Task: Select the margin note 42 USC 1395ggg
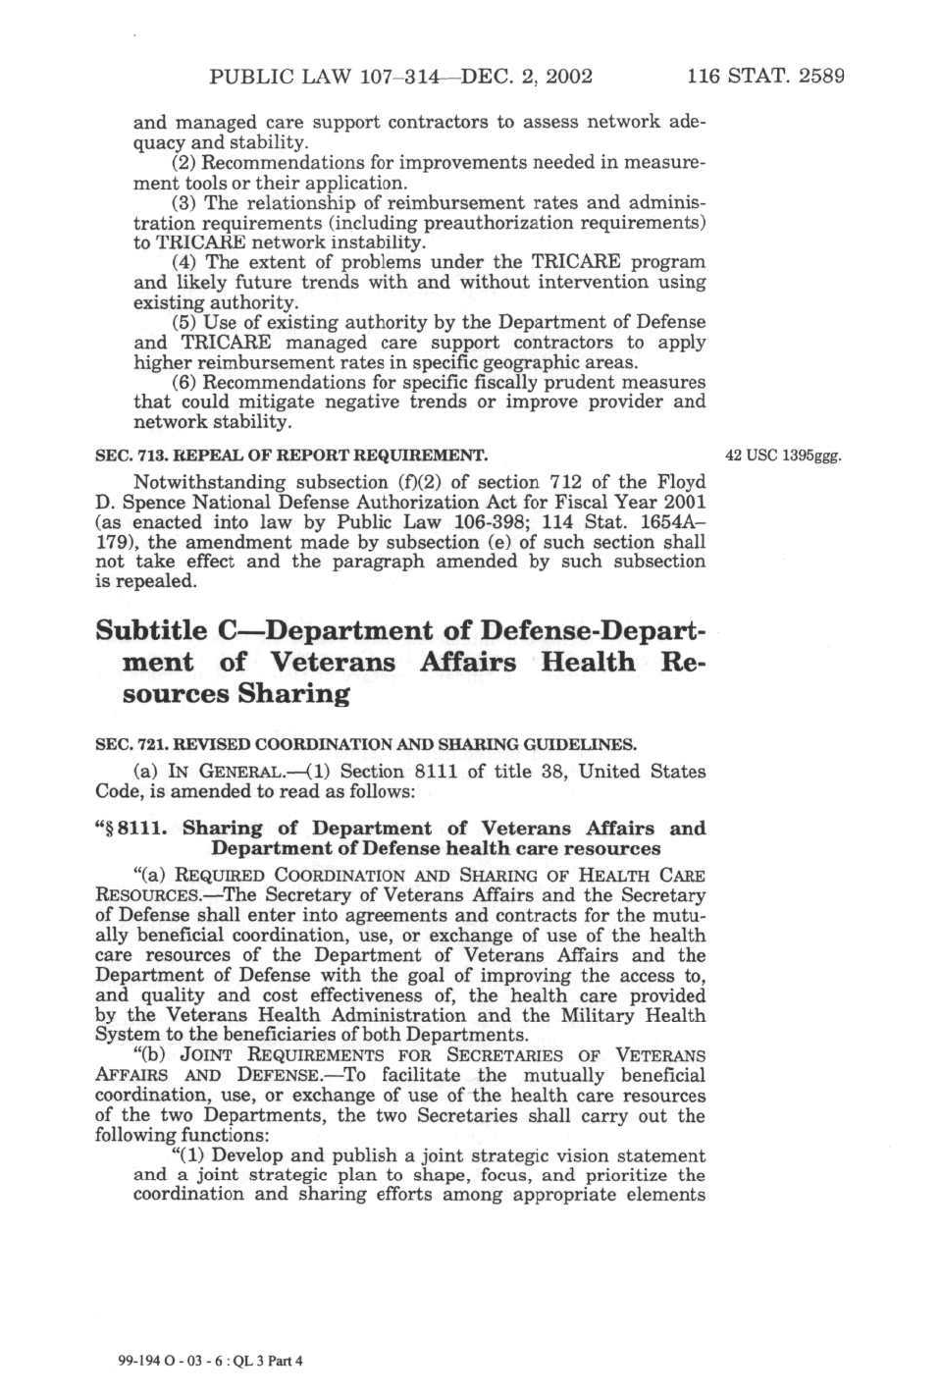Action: tap(783, 456)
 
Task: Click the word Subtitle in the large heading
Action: tap(151, 630)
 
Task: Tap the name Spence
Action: tap(156, 503)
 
